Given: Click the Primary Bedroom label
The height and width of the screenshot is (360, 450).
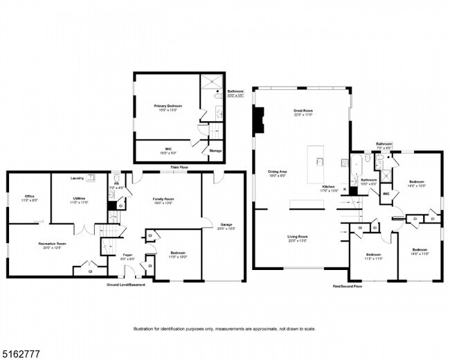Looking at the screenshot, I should coord(168,106).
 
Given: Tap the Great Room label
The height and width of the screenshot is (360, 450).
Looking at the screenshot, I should coord(303,111).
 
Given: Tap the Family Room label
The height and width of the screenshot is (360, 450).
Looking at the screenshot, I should coord(163,199).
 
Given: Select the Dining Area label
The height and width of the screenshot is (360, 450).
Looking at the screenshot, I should coord(278,173).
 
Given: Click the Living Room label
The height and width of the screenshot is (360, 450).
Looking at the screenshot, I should coord(298,237).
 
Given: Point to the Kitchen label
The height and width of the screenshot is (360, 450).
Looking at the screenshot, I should coord(329,188).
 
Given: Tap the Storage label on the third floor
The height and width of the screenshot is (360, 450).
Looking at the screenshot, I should coord(215,150).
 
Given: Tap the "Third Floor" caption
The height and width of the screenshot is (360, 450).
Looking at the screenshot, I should coord(179,168).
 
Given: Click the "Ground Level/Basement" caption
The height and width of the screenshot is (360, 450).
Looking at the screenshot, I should coord(127,285).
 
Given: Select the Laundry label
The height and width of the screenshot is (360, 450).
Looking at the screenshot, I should coord(77,178).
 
